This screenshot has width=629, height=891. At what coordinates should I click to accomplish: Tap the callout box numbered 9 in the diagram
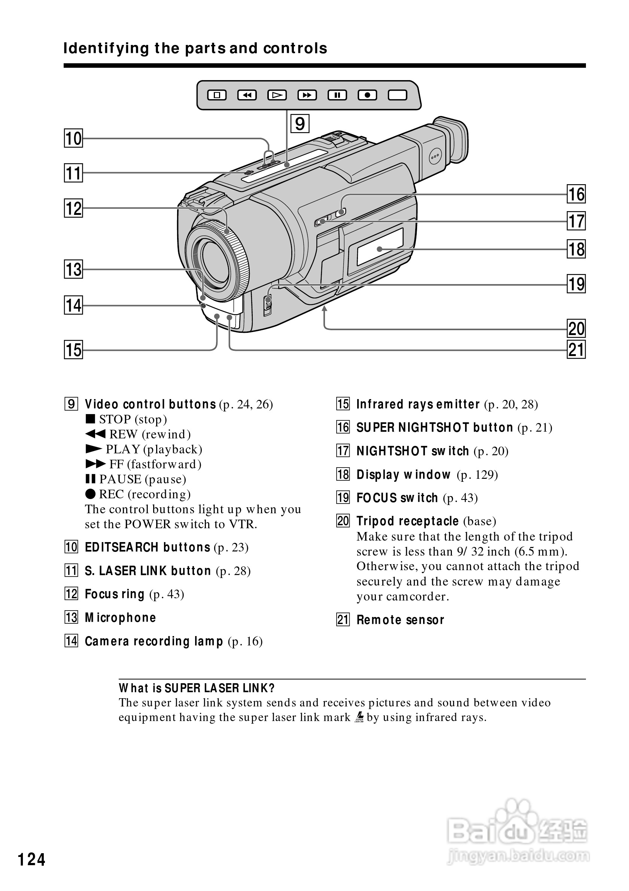pyautogui.click(x=300, y=124)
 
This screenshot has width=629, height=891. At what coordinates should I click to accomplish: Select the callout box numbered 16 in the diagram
pyautogui.click(x=576, y=194)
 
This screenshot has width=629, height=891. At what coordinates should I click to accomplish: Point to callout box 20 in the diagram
pyautogui.click(x=576, y=329)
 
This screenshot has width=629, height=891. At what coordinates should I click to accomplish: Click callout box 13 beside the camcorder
pyautogui.click(x=73, y=269)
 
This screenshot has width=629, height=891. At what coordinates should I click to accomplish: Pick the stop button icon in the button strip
pyautogui.click(x=216, y=95)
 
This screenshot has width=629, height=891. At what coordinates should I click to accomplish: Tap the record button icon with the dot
pyautogui.click(x=367, y=95)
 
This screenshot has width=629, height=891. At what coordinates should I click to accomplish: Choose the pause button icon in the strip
pyautogui.click(x=337, y=95)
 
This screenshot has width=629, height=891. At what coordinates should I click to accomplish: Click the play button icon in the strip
pyautogui.click(x=277, y=95)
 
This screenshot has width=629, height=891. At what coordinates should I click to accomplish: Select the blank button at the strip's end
pyautogui.click(x=398, y=95)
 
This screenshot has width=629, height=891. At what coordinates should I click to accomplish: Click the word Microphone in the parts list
pyautogui.click(x=120, y=617)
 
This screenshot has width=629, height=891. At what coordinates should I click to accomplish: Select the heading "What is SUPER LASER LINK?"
pyautogui.click(x=196, y=688)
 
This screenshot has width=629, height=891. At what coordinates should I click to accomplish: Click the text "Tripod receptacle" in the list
pyautogui.click(x=407, y=521)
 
